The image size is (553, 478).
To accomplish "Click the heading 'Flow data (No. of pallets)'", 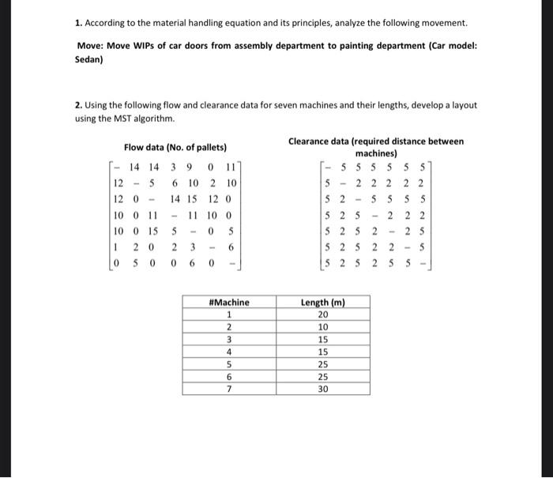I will [x=175, y=147].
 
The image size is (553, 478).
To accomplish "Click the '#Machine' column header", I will [x=228, y=302].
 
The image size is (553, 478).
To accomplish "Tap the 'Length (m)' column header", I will [x=322, y=302].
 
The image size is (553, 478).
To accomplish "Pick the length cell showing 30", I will [x=322, y=390].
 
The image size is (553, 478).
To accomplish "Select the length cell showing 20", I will [x=322, y=314].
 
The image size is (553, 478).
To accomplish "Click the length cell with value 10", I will [x=322, y=326].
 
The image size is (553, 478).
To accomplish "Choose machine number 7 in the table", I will [x=228, y=390].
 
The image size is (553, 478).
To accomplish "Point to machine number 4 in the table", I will [x=228, y=352].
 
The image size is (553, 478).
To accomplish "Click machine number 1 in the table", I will [x=228, y=314].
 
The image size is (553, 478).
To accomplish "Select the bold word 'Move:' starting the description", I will [x=91, y=46].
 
